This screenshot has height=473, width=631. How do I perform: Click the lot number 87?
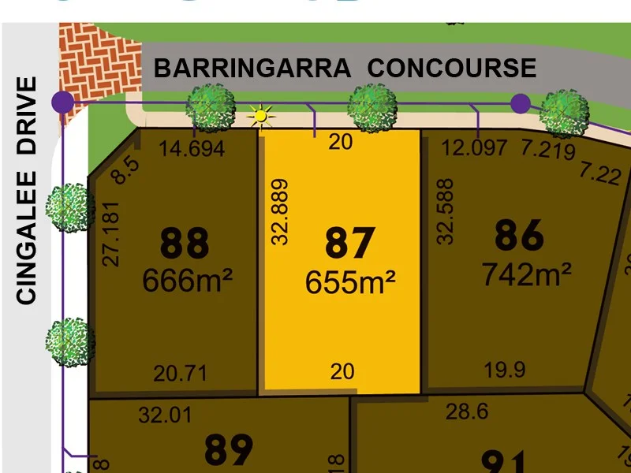point(349,244)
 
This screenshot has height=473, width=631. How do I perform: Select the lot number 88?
point(185,244)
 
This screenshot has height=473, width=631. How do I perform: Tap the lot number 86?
point(520,235)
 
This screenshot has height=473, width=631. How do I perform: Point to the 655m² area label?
point(350,281)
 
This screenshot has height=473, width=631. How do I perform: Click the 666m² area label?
point(187,279)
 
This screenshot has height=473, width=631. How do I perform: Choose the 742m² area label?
point(526,274)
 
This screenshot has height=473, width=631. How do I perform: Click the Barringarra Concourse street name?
point(345,68)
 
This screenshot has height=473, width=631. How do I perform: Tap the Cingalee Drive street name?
point(27,190)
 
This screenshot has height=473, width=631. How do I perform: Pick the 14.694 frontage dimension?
point(192,148)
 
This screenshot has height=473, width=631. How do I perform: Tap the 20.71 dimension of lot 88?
point(180,372)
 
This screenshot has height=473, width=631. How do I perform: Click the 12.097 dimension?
point(475,147)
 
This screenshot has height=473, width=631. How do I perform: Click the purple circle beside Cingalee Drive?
point(62,102)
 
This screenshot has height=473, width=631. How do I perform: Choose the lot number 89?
point(229,449)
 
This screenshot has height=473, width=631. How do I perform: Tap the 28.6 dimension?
point(467,412)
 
